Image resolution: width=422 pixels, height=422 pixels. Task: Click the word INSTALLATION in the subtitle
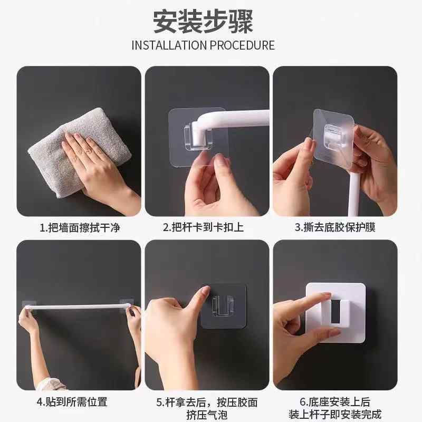click(169, 45)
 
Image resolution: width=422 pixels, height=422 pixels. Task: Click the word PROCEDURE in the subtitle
click(242, 45)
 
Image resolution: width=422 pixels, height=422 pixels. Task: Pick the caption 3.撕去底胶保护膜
click(335, 227)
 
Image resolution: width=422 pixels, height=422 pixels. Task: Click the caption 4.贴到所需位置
click(72, 401)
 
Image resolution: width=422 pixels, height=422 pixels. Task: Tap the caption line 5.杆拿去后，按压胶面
click(207, 401)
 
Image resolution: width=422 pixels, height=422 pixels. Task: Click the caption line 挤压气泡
click(207, 415)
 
